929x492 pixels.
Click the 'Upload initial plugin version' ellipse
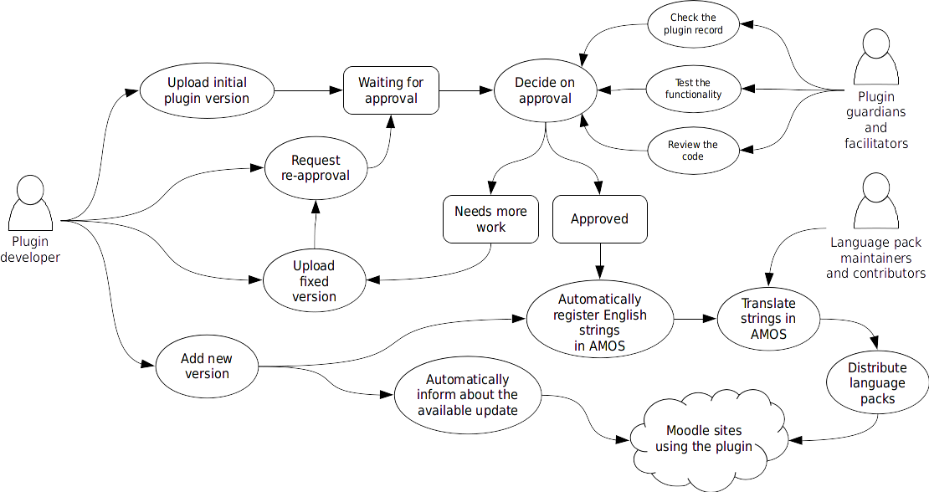click(x=207, y=90)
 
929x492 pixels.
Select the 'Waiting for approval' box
click(x=391, y=90)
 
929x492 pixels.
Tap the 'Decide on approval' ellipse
click(x=545, y=90)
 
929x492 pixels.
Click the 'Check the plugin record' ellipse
click(x=693, y=23)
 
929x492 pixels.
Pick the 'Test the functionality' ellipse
click(x=693, y=89)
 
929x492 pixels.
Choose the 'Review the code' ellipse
click(x=693, y=151)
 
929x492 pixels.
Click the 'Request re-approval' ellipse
click(x=316, y=167)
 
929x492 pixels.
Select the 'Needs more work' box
click(x=490, y=219)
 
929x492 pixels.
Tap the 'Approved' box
click(x=599, y=219)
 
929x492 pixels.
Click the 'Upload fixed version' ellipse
click(x=315, y=281)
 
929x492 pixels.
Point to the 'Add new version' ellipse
click(x=207, y=366)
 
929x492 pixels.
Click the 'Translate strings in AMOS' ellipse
click(x=768, y=319)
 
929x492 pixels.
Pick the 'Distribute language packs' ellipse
click(x=877, y=383)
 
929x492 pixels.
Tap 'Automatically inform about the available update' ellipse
click(x=468, y=395)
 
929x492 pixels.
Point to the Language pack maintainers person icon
click(x=875, y=201)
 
